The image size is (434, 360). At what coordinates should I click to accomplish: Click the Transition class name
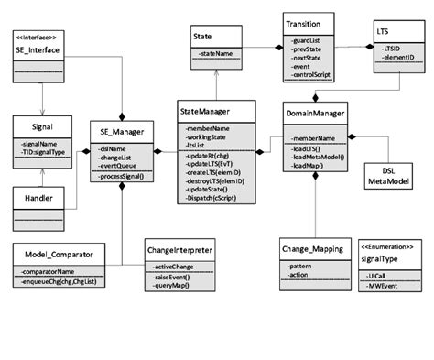coord(302,26)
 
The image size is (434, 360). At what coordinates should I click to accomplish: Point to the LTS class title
coord(388,31)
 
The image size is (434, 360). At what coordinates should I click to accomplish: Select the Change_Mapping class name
coord(314,246)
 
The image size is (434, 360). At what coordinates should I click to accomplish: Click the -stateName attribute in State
coord(216,57)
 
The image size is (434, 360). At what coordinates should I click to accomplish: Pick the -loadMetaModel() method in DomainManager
coord(319,156)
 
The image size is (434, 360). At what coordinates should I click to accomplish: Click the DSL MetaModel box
coord(400,177)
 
